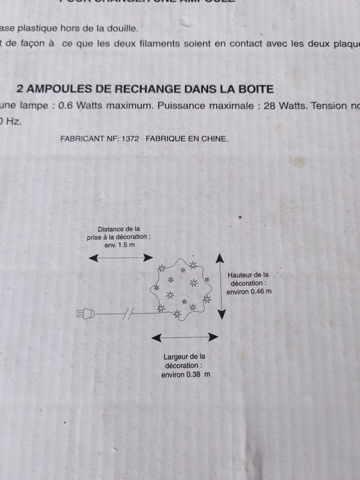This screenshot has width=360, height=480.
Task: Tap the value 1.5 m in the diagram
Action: (125, 245)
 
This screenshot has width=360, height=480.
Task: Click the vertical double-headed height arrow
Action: (220, 286)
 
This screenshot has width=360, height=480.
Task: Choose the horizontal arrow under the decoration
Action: (186, 337)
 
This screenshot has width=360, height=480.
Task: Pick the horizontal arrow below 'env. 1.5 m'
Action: (121, 257)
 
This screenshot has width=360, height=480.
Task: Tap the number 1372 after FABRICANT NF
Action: (131, 139)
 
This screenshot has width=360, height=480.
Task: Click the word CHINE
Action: (215, 139)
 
